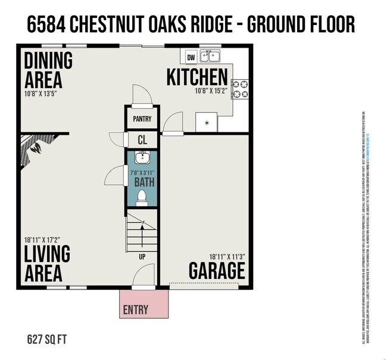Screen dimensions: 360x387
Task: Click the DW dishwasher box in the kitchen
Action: [x=191, y=58]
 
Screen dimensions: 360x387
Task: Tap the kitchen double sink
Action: [x=210, y=57]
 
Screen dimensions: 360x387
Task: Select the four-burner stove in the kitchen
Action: [x=239, y=89]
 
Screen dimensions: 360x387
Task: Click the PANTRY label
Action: [x=142, y=119]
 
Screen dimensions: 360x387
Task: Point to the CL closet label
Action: [x=142, y=141]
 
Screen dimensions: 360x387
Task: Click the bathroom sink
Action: [x=142, y=158]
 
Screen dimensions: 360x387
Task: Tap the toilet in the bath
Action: [x=142, y=197]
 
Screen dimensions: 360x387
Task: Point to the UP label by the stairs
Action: [x=142, y=257]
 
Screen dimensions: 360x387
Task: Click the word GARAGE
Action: [x=217, y=271]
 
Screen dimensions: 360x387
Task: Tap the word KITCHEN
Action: [x=196, y=77]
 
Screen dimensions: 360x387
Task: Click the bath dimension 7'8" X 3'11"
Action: [x=142, y=172]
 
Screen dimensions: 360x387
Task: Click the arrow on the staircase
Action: [x=142, y=226]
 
